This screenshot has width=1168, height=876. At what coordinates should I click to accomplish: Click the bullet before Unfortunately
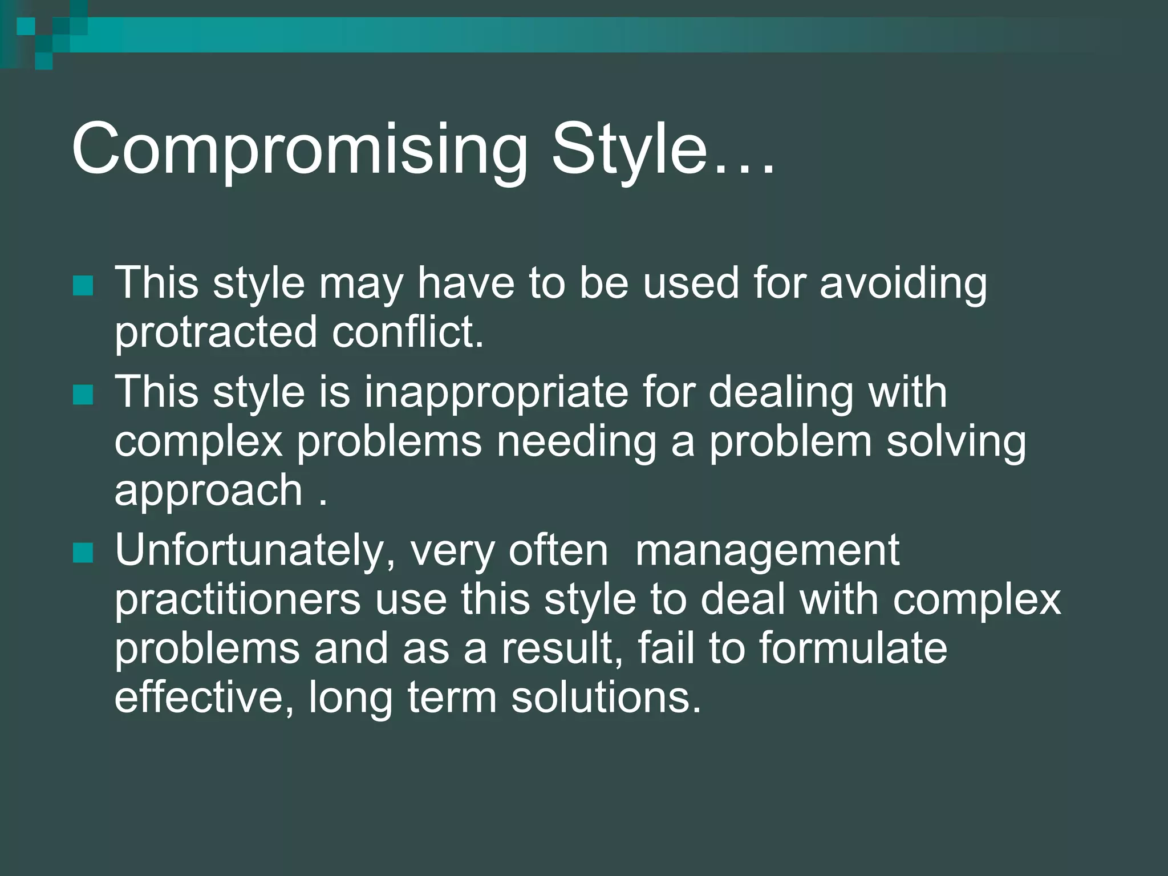coord(83,553)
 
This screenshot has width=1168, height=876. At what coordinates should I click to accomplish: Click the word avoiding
coord(903,284)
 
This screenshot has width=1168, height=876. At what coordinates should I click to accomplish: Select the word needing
coord(576,443)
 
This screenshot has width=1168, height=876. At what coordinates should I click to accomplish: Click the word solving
coord(956,443)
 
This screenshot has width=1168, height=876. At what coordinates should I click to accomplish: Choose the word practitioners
coord(237,600)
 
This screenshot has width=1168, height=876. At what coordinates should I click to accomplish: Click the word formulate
coord(853,649)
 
